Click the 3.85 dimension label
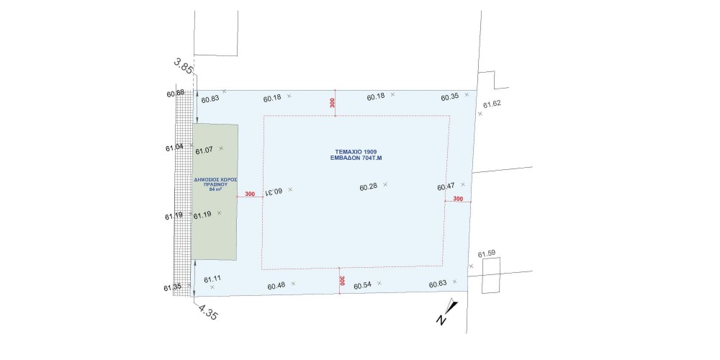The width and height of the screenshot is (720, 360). coord(183,66)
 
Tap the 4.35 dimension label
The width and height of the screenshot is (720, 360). coord(208,313)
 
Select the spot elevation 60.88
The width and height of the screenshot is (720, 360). coord(176,93)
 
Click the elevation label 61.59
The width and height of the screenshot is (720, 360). coord(487,254)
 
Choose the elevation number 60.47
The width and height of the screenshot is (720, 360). coord(446,186)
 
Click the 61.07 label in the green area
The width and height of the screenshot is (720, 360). coord(204,150)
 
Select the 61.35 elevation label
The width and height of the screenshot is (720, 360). coord(172,288)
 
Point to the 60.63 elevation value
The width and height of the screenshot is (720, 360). coord(438,284)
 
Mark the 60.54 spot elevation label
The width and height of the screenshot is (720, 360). coord(362,286)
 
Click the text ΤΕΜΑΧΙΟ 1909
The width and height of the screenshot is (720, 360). coord(356,151)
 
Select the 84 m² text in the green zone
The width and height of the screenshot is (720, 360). coord(214,188)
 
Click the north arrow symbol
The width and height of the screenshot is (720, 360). coord(447,312)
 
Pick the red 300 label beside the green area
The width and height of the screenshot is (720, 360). coord(250,194)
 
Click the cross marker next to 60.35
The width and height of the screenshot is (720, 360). coord(467,94)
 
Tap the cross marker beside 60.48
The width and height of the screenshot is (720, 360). coord(293,283)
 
